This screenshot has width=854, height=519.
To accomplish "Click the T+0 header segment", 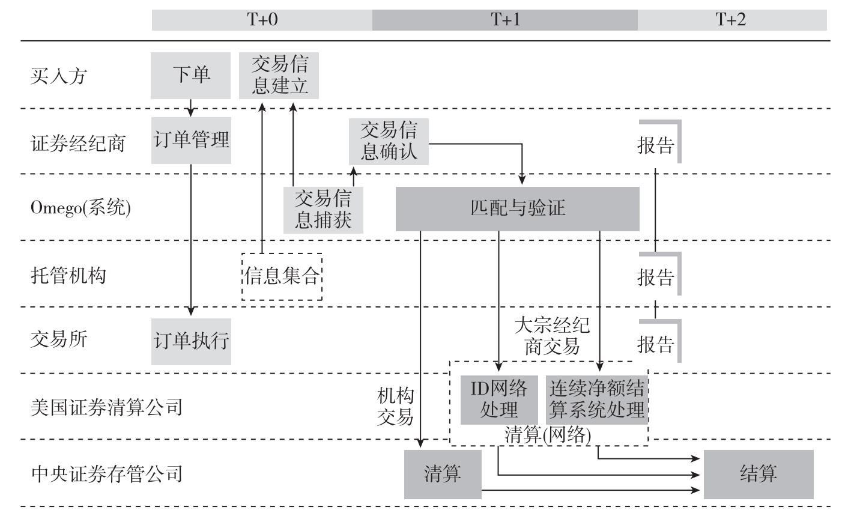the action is pos(262,20).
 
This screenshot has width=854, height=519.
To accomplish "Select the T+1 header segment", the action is pos(505,20).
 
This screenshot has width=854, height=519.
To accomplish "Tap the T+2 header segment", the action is pos(732,20).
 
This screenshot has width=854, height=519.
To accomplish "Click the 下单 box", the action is pos(190,76).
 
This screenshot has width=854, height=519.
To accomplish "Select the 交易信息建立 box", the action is pos(279,76).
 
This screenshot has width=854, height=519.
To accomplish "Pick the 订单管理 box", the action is pos(191,141).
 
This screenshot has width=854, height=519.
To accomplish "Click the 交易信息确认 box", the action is pos(389,142).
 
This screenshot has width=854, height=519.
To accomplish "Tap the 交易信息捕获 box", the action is pos(323,210).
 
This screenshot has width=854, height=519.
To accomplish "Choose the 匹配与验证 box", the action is pos(517,209).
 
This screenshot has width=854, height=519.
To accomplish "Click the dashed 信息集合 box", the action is pos(282,276).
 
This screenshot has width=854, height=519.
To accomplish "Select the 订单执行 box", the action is pos(191,342).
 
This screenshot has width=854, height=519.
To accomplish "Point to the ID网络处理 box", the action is pos(499,400).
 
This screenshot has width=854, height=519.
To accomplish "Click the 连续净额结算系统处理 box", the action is pos(597,400).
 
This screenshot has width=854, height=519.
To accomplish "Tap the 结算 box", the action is pos(759,475).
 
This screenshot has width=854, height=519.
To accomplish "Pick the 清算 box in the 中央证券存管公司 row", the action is pos(443,475).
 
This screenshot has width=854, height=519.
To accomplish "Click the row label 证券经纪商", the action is pos(78,144).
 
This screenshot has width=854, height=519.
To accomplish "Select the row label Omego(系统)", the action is pos(80,208).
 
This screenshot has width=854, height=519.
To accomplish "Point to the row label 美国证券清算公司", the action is pos(106,407).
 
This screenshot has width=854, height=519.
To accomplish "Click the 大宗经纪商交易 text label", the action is pos(552,336).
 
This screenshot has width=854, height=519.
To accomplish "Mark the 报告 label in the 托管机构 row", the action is pos(655,278).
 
